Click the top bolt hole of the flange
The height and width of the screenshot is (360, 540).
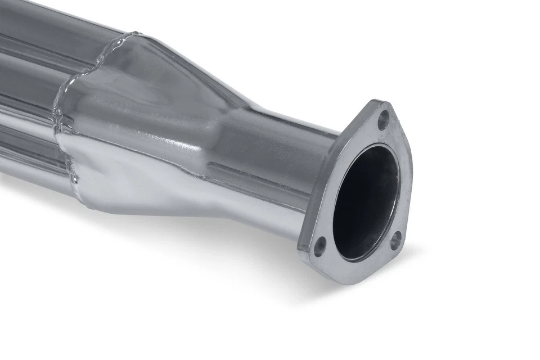point(383,120)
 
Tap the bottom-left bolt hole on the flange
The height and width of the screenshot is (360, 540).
point(319,246)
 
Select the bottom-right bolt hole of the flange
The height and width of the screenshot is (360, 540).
point(395,239)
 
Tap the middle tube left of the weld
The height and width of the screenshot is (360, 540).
point(28,90)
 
